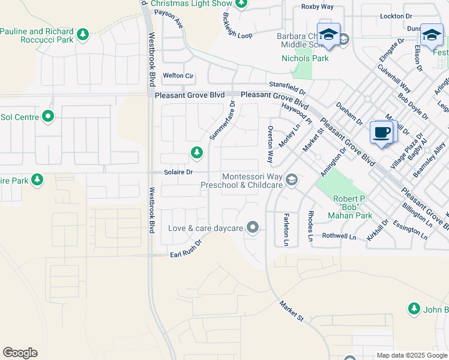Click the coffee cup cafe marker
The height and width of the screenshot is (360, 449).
(x=381, y=131)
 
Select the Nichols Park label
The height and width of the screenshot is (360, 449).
(x=305, y=59)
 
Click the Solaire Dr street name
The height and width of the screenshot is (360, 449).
(x=178, y=172)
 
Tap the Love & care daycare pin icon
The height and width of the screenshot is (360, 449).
(x=253, y=227)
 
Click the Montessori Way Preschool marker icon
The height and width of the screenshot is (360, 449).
(x=292, y=179)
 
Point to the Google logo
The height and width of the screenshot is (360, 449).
(x=20, y=353)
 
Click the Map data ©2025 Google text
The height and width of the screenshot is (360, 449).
(x=412, y=355)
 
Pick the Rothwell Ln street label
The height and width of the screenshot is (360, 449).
(x=340, y=237)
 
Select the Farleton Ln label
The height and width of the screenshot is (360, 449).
(x=286, y=229)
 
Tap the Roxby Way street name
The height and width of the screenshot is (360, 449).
(x=317, y=7)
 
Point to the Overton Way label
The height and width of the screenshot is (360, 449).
(x=271, y=145)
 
